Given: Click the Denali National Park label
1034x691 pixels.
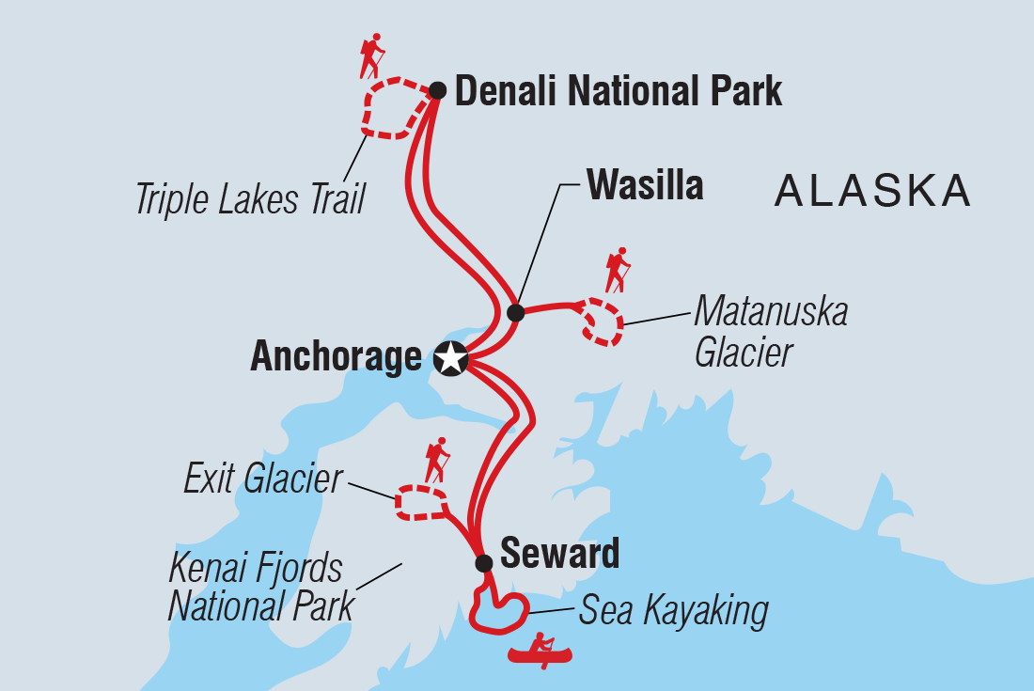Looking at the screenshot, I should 618,92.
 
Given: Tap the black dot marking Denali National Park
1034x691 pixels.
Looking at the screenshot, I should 438,90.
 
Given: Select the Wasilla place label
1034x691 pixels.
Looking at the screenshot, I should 645,185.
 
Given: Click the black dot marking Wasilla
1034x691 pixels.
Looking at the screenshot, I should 515,312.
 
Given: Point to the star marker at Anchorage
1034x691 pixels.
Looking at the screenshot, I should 451,358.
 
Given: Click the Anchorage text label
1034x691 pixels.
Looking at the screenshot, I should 336,358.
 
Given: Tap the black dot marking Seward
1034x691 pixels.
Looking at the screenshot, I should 483,563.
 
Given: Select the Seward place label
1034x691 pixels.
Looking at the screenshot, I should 559,554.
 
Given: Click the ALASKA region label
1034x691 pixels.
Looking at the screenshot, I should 871,191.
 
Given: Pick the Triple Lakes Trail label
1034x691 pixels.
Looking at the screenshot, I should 250,199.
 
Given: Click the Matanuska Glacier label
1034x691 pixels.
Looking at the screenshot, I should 770,332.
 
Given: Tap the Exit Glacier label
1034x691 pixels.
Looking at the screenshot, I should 263,479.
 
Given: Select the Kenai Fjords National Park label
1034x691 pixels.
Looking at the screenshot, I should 260,588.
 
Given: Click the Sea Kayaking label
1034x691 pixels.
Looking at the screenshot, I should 673,611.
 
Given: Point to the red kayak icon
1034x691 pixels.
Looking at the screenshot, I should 542,651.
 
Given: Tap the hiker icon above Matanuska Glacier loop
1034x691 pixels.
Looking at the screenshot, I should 617,270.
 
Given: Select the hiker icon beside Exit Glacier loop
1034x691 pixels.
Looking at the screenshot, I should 436,461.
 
